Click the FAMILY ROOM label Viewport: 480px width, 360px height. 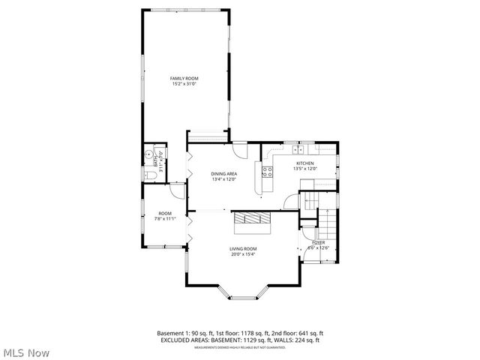coord(184,78)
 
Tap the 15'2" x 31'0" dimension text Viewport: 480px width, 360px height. coord(184,83)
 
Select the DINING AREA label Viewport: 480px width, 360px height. coord(223,174)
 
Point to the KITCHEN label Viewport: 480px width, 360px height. coord(304,163)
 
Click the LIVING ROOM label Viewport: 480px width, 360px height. coord(243,248)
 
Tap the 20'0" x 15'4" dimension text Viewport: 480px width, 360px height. coord(243,253)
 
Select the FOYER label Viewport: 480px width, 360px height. coord(319,242)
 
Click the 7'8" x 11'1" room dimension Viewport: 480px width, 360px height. coord(164,219)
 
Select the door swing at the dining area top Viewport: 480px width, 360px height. coord(239,149)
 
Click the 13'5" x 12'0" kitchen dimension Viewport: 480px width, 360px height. coord(304,169)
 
